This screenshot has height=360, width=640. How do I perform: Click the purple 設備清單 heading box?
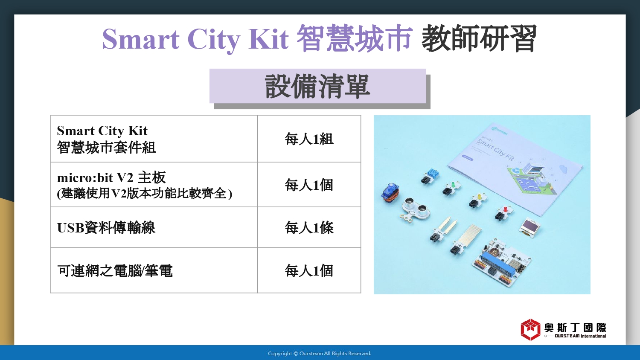(x=318, y=86)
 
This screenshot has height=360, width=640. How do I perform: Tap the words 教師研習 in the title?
(x=479, y=38)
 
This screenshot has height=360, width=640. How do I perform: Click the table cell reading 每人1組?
(x=309, y=139)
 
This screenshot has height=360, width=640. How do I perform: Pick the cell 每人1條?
(x=309, y=227)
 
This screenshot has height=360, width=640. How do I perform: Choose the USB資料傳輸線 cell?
(x=154, y=227)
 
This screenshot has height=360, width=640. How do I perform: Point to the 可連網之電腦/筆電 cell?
(x=154, y=270)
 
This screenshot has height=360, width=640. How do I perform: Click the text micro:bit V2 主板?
(x=111, y=178)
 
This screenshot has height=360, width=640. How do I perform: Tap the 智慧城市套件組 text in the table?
(x=106, y=148)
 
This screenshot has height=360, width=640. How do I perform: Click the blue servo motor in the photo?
(x=390, y=194)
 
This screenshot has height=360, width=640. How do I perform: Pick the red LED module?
(x=504, y=212)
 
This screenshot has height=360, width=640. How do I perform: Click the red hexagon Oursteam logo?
(x=530, y=330)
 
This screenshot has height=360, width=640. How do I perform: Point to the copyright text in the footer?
(x=320, y=354)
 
